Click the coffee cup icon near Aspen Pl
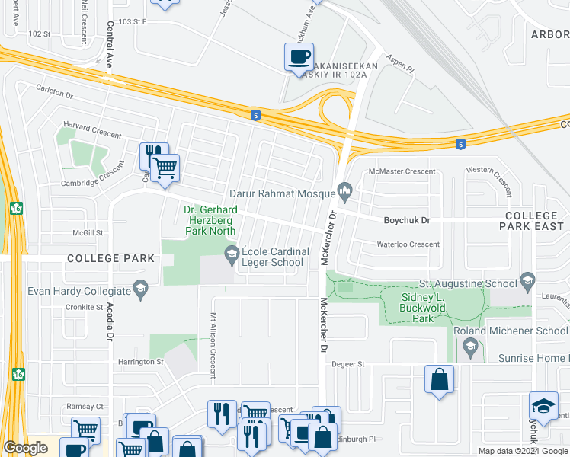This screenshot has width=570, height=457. (299, 57)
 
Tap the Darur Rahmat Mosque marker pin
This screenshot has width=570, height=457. (345, 189)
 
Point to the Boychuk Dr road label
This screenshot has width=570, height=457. (406, 219)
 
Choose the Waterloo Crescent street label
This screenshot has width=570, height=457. (408, 244)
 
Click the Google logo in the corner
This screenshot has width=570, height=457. (25, 448)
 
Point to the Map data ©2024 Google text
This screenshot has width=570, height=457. (523, 451)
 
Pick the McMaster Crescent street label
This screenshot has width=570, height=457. (402, 172)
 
